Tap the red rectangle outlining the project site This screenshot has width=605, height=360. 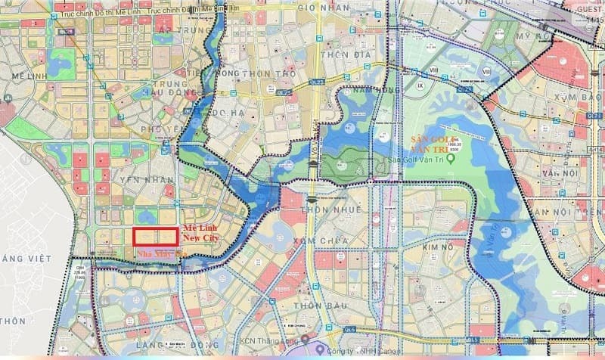(156, 237)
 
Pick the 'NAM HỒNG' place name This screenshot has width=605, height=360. (360, 89)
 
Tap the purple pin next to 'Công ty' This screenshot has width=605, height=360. (321, 350)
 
